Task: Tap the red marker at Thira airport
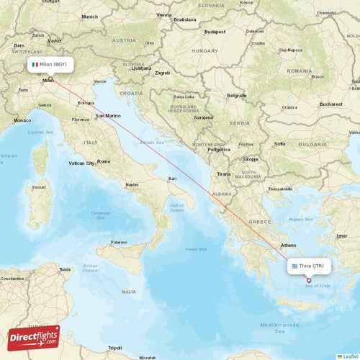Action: [309, 280]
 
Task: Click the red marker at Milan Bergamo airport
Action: [50, 78]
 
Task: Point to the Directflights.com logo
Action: [33, 337]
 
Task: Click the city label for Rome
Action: [104, 161]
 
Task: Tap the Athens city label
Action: [288, 245]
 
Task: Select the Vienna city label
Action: [164, 14]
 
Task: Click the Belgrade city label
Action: [217, 95]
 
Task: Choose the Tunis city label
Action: [65, 270]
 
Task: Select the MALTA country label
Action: [129, 292]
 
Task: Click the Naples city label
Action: [132, 184]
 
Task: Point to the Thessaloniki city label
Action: [279, 189]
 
